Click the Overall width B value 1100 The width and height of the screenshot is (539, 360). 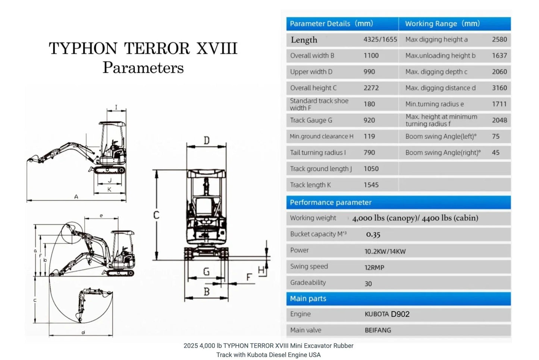[x=371, y=56]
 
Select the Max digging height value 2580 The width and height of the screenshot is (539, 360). [x=499, y=40]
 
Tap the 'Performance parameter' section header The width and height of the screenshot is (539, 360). [x=330, y=203]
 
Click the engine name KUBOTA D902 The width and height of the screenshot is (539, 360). [x=387, y=314]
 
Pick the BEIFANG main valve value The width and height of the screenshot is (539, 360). [x=377, y=330]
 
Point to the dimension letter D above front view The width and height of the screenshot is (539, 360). [x=206, y=141]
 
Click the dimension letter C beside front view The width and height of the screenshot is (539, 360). [x=156, y=215]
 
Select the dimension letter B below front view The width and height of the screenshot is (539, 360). [x=206, y=292]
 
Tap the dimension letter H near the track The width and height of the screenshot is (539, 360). [x=261, y=270]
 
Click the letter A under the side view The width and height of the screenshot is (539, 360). [x=76, y=197]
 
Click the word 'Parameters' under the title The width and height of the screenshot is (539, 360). [x=143, y=68]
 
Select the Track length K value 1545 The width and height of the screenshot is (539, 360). [x=371, y=185]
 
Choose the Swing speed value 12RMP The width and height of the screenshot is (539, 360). [x=374, y=267]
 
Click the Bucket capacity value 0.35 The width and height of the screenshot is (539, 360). [x=373, y=235]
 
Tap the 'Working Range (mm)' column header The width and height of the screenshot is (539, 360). [x=442, y=24]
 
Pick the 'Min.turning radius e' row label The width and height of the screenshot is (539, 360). [x=435, y=104]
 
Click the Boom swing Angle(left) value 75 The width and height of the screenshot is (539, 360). [x=495, y=137]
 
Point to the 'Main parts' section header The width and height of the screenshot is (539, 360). [x=308, y=298]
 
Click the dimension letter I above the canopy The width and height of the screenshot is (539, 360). [x=116, y=107]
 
